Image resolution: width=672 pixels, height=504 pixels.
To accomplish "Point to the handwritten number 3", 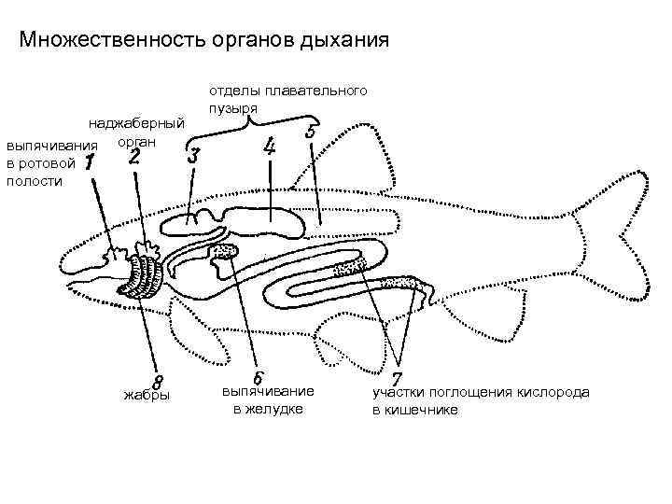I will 194,156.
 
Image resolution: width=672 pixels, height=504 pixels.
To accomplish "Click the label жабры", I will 147,396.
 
